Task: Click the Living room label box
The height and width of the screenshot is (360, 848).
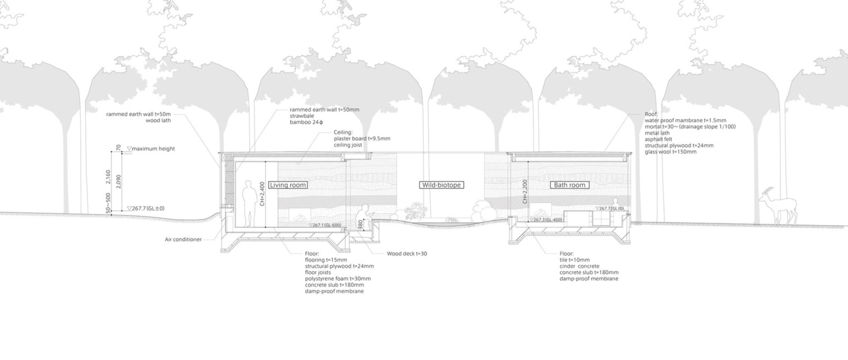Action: [x=288, y=185]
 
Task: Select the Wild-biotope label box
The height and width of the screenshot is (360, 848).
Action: [x=441, y=185]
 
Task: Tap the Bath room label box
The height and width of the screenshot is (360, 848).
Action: [x=569, y=185]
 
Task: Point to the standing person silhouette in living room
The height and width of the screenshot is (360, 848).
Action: [x=249, y=204]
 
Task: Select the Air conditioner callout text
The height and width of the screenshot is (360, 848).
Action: [x=183, y=239]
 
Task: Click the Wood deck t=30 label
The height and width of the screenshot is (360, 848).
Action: [x=407, y=254]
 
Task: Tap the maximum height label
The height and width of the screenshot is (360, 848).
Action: [x=153, y=149]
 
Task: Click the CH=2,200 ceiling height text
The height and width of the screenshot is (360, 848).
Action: [x=525, y=192]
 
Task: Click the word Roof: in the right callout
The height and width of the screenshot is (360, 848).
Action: [x=650, y=115]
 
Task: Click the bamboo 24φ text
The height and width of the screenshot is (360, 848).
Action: [x=306, y=123]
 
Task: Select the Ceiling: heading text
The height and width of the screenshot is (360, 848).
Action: [x=343, y=132]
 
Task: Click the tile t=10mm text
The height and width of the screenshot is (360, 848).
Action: [x=575, y=260]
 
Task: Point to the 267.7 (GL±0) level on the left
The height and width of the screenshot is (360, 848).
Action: [x=147, y=208]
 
